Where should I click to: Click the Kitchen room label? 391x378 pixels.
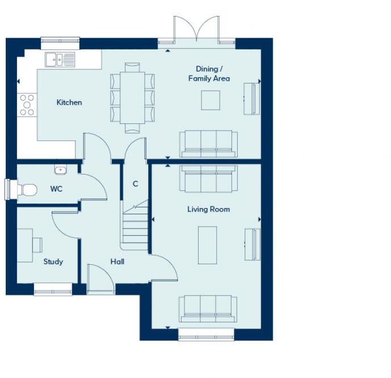69,102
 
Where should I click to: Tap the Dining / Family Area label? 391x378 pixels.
209,74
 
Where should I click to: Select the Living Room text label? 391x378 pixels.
208,209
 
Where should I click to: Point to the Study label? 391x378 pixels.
53,262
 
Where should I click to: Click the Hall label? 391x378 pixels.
117,262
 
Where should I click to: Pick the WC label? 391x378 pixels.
56,189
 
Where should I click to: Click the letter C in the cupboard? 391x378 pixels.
135,184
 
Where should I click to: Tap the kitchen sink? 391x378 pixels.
60,59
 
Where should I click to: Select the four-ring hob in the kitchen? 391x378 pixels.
27,105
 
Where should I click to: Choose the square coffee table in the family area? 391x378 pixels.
211,100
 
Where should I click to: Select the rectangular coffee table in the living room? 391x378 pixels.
207,245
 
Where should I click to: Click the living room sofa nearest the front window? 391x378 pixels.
208,309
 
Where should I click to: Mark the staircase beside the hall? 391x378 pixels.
135,227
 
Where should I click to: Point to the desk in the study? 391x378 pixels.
25,245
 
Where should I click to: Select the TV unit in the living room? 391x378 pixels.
252,244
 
